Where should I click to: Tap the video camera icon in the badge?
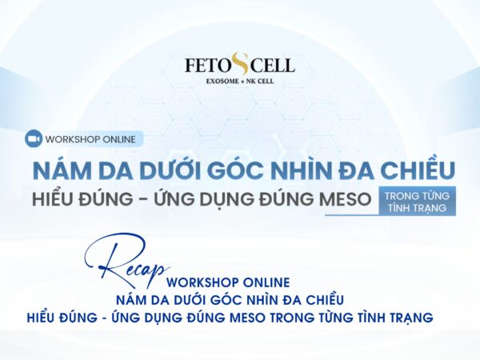(34, 138)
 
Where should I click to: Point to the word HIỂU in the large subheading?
(58, 201)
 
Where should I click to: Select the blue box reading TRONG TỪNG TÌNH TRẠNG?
(418, 201)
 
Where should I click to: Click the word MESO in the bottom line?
(262, 318)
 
